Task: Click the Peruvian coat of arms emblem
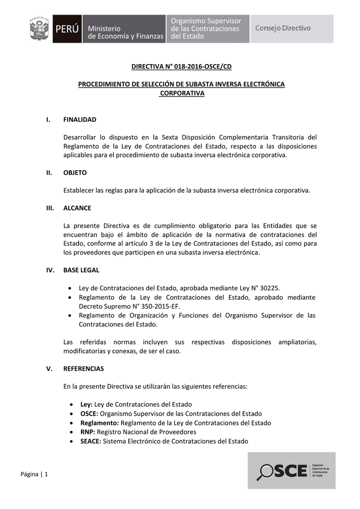click(40, 29)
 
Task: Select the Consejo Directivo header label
click(282, 28)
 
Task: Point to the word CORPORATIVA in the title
click(182, 93)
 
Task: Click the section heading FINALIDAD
click(80, 120)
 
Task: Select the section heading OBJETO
click(75, 173)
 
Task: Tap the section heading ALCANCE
click(77, 208)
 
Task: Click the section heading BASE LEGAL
click(81, 270)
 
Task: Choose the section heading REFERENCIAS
click(84, 369)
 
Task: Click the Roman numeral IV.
click(49, 270)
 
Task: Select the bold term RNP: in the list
click(88, 432)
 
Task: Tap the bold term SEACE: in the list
click(90, 441)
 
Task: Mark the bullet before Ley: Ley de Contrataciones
click(74, 405)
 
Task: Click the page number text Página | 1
click(34, 474)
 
